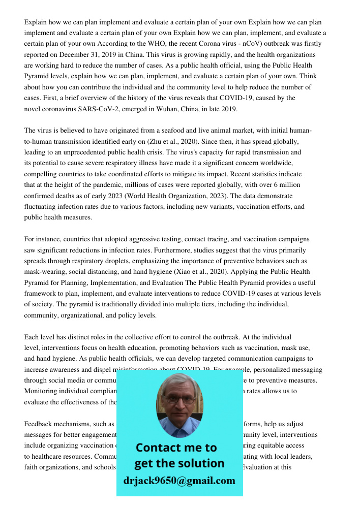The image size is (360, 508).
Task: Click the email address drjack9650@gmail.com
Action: (x=179, y=481)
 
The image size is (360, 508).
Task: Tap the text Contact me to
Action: (x=176, y=448)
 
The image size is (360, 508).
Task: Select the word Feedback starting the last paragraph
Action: (x=39, y=424)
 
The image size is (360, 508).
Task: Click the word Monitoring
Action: (x=42, y=391)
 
